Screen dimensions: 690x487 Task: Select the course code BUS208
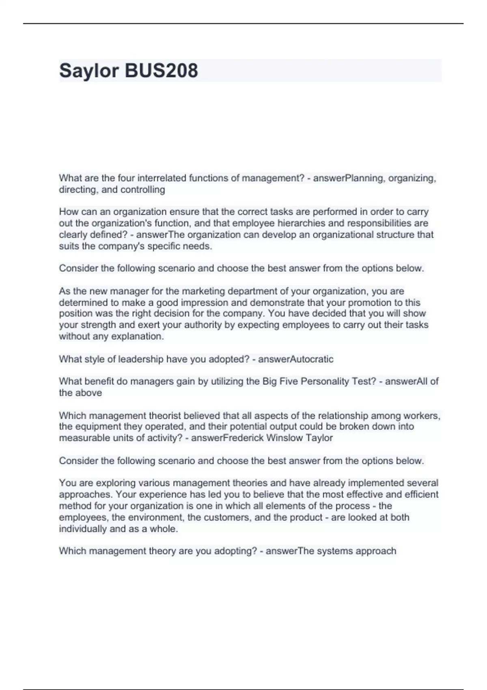pyautogui.click(x=162, y=70)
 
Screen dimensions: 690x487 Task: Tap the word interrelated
pyautogui.click(x=162, y=178)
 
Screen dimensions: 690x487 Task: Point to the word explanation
pyautogui.click(x=138, y=336)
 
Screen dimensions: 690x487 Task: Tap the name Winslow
pyautogui.click(x=285, y=438)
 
